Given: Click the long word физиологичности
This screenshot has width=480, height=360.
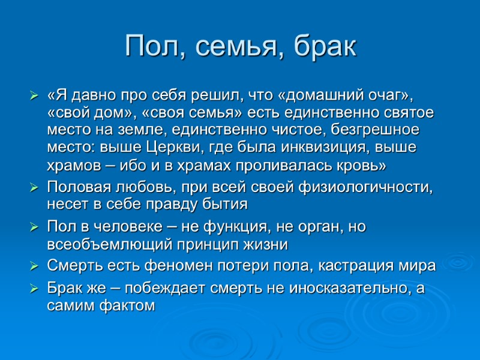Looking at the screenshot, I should [x=371, y=187].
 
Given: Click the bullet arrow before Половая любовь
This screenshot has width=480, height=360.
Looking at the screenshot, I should [x=34, y=188].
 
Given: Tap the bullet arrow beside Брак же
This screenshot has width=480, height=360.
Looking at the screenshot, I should [x=34, y=289].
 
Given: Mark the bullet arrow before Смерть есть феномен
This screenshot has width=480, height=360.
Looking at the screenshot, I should [x=34, y=267].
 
